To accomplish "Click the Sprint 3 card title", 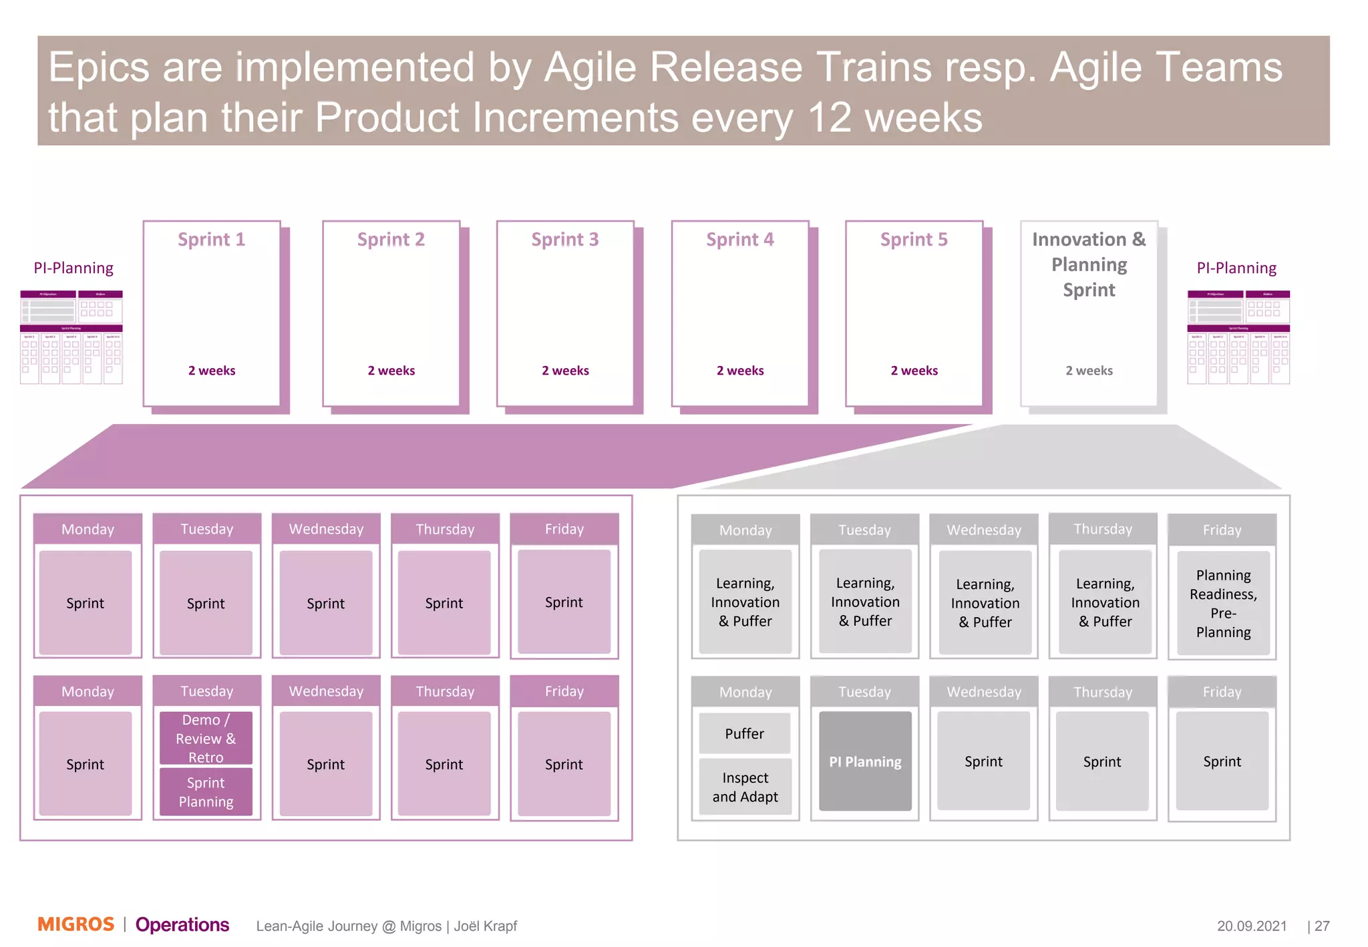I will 564,239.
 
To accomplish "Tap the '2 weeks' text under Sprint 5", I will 914,371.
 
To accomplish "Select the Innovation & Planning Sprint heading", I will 1089,264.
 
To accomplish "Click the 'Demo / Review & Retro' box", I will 206,738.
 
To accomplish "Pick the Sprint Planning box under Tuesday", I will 206,792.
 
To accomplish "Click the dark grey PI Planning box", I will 865,761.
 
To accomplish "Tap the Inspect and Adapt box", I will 745,787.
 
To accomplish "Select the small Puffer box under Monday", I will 745,733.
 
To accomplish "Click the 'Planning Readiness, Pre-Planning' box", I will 1222,603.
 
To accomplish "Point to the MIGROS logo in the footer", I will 75,924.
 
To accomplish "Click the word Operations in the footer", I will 182,924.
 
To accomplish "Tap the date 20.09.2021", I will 1251,926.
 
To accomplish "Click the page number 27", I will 1321,926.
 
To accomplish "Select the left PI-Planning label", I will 73,268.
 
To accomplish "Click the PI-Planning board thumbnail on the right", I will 1238,337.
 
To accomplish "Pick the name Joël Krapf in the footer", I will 486,926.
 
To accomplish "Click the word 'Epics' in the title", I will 99,67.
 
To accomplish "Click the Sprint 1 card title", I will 211,239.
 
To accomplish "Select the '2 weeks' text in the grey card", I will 1089,371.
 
